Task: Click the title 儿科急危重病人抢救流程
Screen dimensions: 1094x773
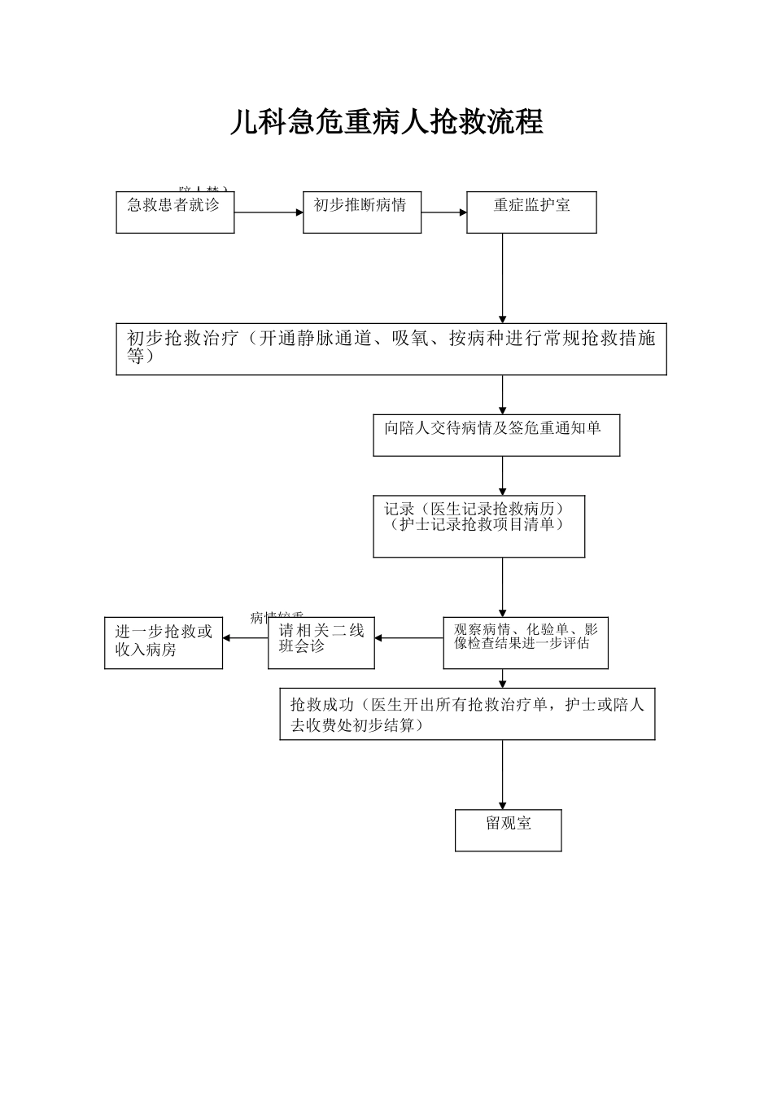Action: coord(386,122)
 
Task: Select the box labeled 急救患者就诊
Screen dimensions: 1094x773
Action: coord(175,212)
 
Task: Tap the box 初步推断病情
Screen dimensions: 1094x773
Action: coord(362,212)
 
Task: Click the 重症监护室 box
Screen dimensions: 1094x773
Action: coord(531,212)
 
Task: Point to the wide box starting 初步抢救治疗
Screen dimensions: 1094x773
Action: coord(391,348)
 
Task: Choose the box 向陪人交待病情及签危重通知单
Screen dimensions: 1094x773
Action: coord(496,435)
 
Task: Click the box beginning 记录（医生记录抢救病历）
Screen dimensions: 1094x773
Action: coord(478,527)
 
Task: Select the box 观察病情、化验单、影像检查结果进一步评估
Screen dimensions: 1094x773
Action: coord(526,643)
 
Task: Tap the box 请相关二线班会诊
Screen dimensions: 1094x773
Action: coord(321,643)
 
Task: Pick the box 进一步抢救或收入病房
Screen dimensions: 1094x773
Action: coord(164,643)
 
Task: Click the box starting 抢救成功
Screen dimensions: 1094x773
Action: coord(467,714)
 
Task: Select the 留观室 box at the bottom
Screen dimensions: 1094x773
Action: coord(509,830)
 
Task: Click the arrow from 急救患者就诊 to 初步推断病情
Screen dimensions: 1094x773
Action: coord(269,213)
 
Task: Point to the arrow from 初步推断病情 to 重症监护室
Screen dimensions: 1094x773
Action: coord(443,213)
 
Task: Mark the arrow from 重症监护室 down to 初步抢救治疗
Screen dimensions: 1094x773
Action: coord(502,277)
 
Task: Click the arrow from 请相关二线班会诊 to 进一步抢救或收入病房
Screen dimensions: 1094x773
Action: coord(245,638)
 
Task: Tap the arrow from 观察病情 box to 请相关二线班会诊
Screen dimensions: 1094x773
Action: coord(408,638)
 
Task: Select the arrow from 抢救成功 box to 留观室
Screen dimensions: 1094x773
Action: coord(502,774)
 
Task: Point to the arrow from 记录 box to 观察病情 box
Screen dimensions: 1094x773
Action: coord(502,586)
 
